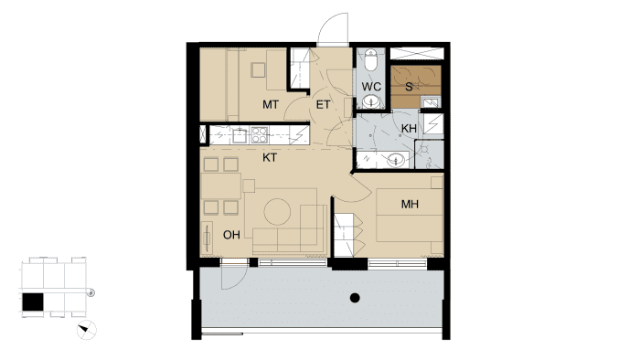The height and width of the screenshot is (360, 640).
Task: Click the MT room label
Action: coord(271,105)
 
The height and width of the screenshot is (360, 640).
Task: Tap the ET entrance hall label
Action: coord(323,105)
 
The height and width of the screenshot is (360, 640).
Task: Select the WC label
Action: coord(371,87)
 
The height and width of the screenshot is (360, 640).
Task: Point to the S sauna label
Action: coord(409,87)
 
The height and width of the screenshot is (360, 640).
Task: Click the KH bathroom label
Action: coord(409,129)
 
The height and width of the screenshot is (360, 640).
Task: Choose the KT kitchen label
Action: coord(270,158)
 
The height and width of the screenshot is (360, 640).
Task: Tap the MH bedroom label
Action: coord(410,204)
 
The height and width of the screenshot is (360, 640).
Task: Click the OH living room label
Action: coord(231,235)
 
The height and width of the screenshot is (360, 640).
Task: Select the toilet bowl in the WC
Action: coord(371,60)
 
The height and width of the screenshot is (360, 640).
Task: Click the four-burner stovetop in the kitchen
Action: coord(260,135)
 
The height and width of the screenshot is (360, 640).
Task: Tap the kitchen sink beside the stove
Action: coord(240,135)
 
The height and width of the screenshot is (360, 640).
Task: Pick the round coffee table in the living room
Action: coord(277,212)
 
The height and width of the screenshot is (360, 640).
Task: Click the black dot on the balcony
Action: coord(355,298)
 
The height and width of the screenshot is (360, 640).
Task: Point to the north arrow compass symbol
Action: coord(87,330)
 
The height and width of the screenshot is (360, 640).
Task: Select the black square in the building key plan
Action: coord(33,303)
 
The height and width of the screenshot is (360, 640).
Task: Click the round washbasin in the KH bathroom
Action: coord(396,159)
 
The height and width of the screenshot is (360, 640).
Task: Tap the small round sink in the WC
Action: coord(371,101)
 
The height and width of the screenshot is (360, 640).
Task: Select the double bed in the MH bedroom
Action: coord(410,215)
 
